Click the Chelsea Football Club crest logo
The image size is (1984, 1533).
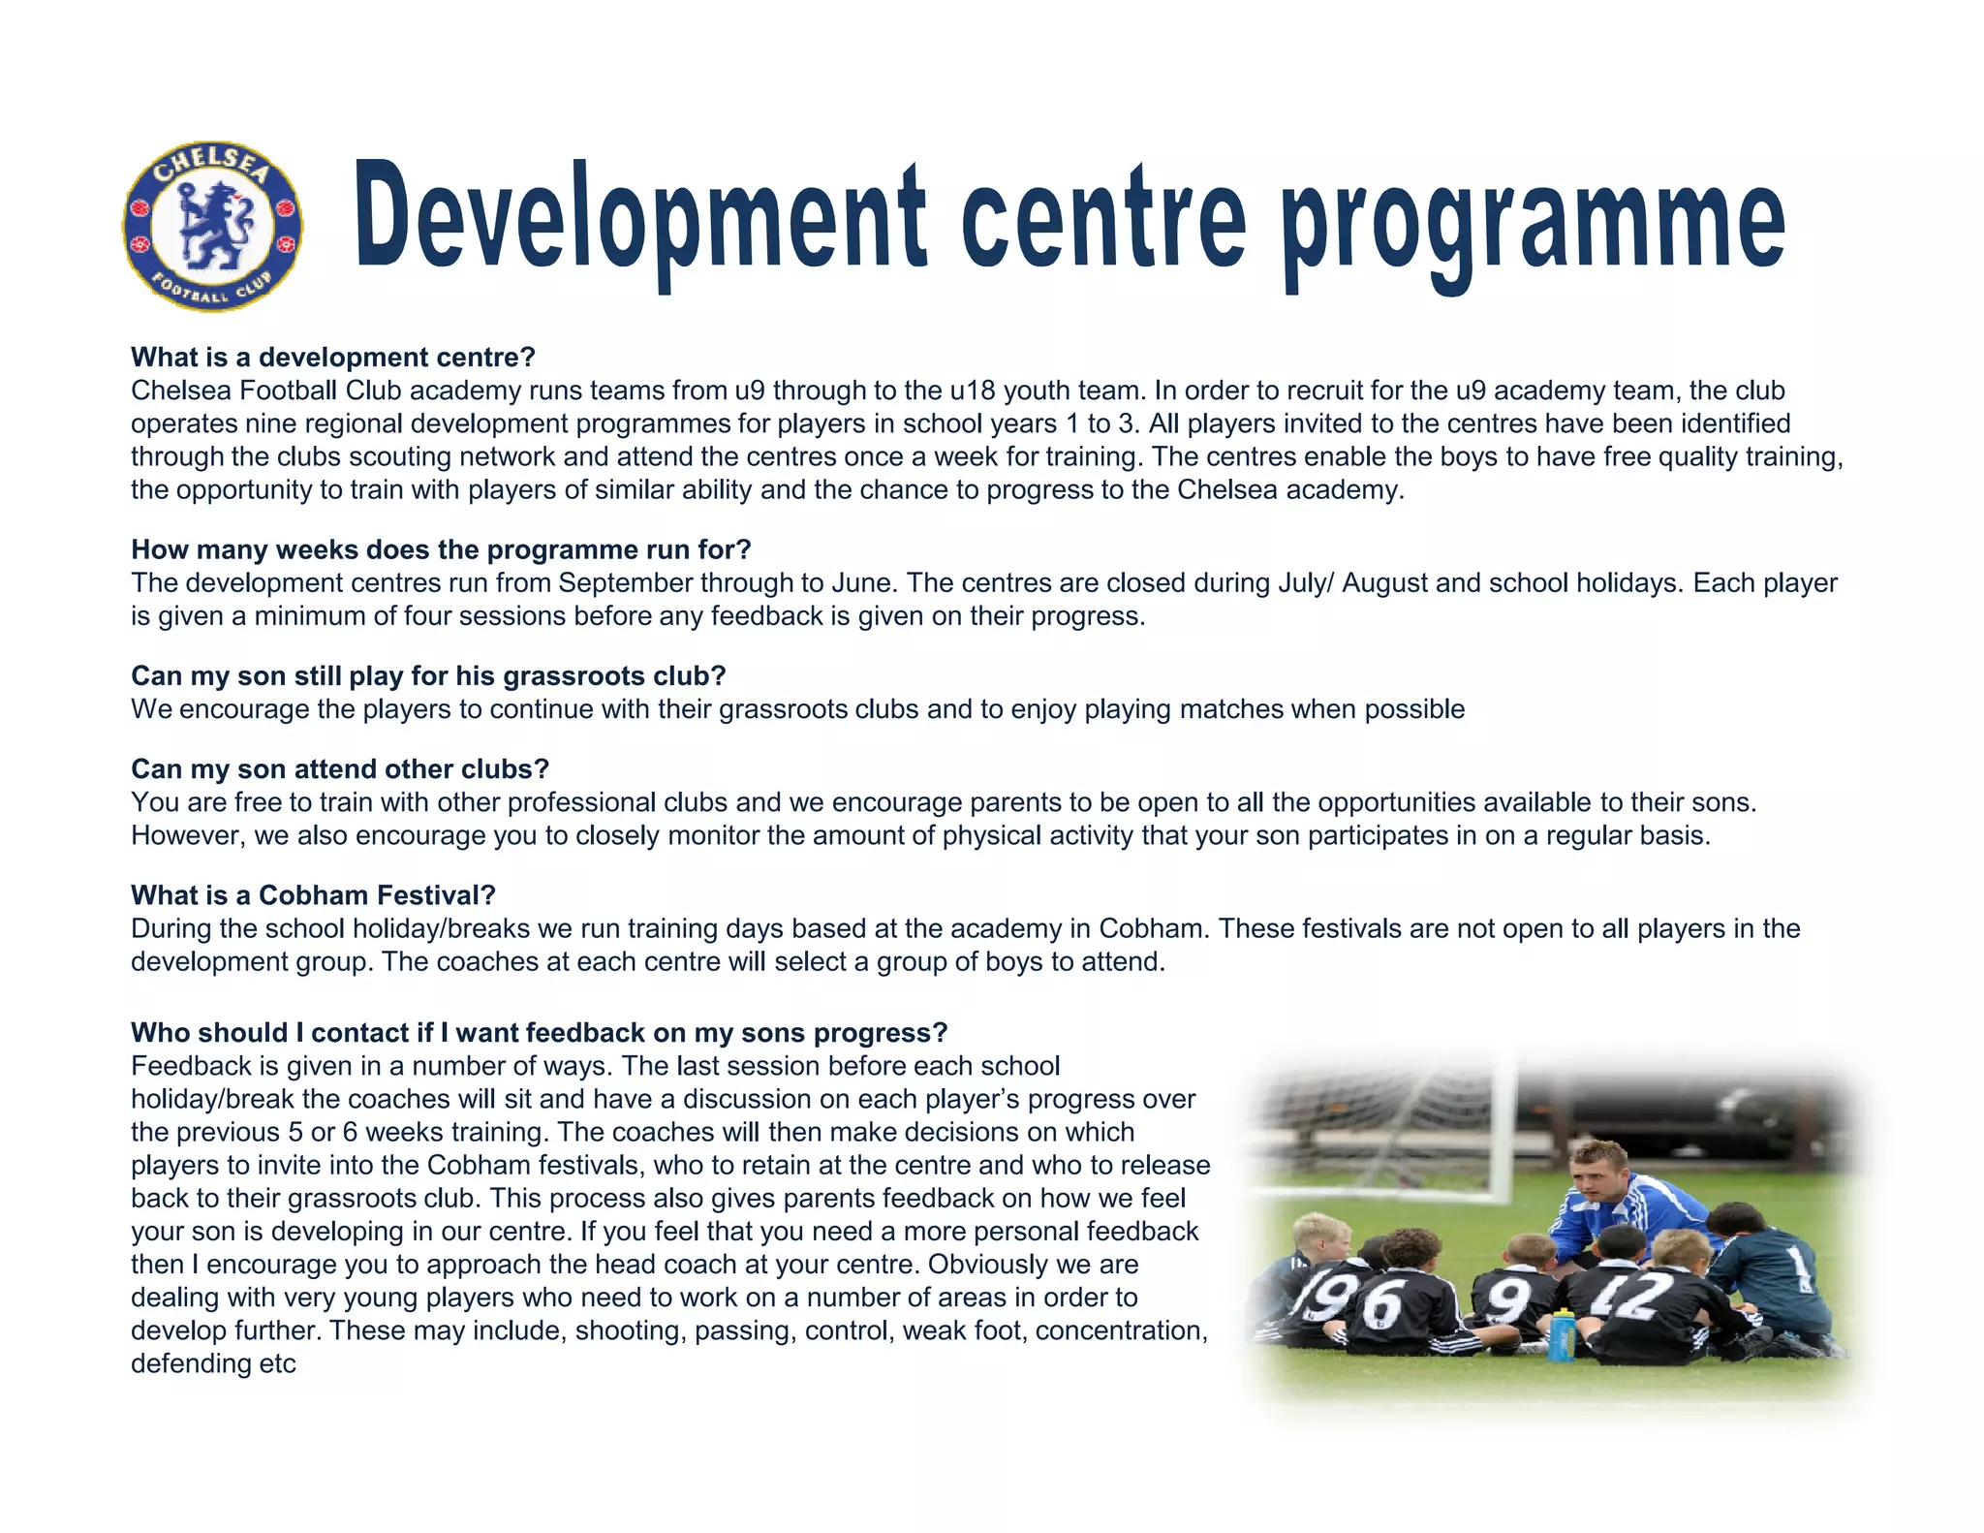pos(212,226)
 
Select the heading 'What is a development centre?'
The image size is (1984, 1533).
pos(332,358)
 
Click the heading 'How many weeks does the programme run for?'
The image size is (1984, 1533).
pos(441,549)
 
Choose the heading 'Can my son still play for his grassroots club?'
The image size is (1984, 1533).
pos(428,675)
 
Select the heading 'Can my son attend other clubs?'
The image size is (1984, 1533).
pos(340,768)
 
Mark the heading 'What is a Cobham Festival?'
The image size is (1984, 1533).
pos(313,894)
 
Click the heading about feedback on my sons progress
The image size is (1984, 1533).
pos(539,1032)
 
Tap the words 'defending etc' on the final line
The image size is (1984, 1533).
pos(213,1363)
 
